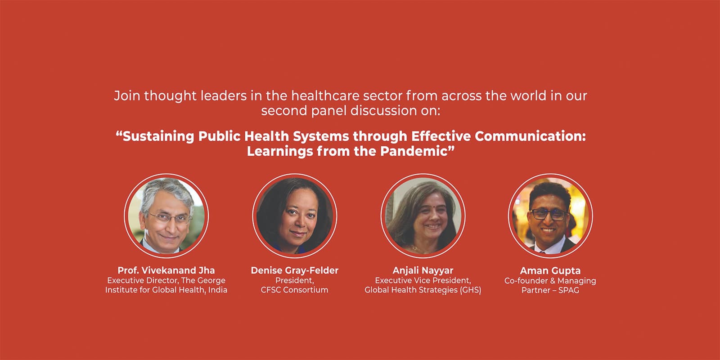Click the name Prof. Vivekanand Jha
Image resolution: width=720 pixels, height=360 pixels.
[x=166, y=270]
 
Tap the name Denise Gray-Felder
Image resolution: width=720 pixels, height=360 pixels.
[x=294, y=270]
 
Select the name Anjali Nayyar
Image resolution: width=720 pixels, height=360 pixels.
[x=423, y=270]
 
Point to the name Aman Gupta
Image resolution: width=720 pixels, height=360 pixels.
[x=550, y=271]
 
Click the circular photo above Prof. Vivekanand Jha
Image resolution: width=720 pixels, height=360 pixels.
[x=166, y=216]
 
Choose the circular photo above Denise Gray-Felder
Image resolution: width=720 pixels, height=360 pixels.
[x=294, y=216]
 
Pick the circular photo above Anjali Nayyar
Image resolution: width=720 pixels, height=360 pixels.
[x=423, y=216]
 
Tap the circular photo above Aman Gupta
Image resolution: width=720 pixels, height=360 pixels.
[x=550, y=216]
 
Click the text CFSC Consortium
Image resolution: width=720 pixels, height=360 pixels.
[x=294, y=290]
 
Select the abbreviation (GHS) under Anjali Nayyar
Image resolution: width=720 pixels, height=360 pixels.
[x=470, y=290]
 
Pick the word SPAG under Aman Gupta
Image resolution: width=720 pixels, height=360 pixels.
[x=568, y=290]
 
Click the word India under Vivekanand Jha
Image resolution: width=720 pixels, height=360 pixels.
[x=217, y=290]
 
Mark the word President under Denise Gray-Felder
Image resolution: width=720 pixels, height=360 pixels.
[x=294, y=280]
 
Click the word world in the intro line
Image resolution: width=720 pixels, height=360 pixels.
[x=528, y=95]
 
